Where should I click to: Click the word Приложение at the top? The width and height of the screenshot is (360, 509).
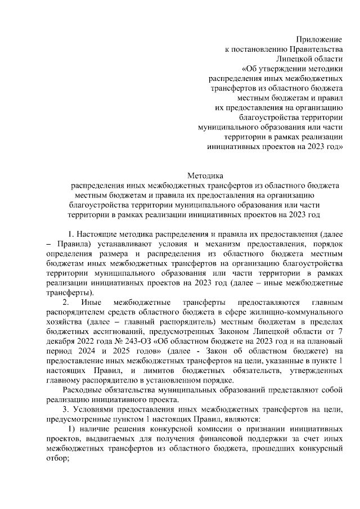click(x=319, y=39)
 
